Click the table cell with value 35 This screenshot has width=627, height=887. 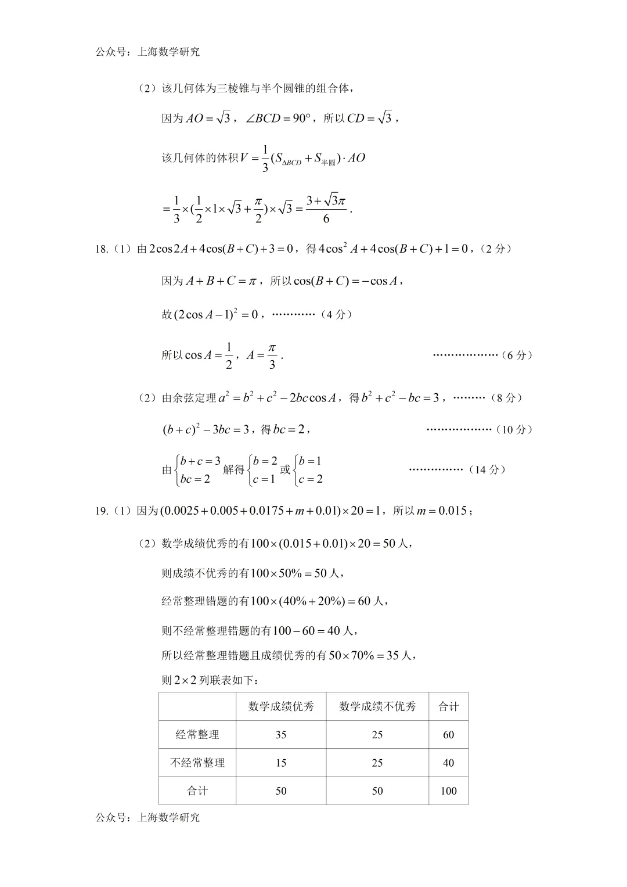tap(281, 735)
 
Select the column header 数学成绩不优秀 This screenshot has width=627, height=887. tap(377, 706)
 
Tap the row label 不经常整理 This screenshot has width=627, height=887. tap(197, 763)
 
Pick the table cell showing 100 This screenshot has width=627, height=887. tap(448, 791)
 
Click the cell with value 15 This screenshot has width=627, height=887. tap(281, 763)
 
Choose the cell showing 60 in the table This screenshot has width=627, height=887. tap(448, 735)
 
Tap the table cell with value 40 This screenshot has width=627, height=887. tap(448, 763)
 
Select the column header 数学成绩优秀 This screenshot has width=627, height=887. tap(281, 706)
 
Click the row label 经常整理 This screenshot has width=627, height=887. tap(197, 735)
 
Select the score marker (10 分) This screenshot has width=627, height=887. tap(514, 429)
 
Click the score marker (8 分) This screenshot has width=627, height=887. tap(506, 398)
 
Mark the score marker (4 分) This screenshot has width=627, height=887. tap(337, 314)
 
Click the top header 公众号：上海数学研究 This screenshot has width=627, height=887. tap(147, 52)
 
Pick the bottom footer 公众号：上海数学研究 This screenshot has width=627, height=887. tap(147, 817)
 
